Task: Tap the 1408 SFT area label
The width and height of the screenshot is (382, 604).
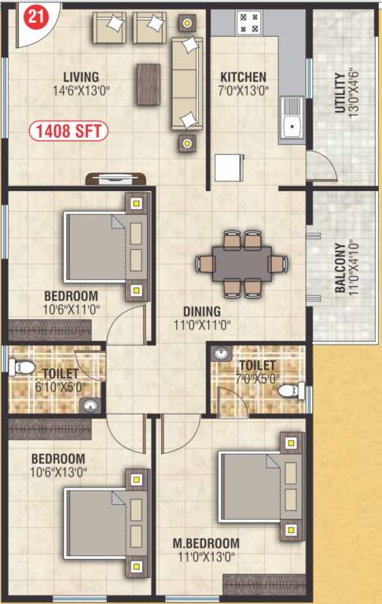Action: click(x=69, y=131)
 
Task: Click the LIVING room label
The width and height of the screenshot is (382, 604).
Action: click(x=81, y=77)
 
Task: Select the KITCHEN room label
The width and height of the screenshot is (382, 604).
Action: click(x=243, y=77)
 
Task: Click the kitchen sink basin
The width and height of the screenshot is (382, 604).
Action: click(x=293, y=124)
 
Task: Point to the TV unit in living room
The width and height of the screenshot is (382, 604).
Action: click(x=117, y=179)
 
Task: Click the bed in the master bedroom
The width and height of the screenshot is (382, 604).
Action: click(x=259, y=488)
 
